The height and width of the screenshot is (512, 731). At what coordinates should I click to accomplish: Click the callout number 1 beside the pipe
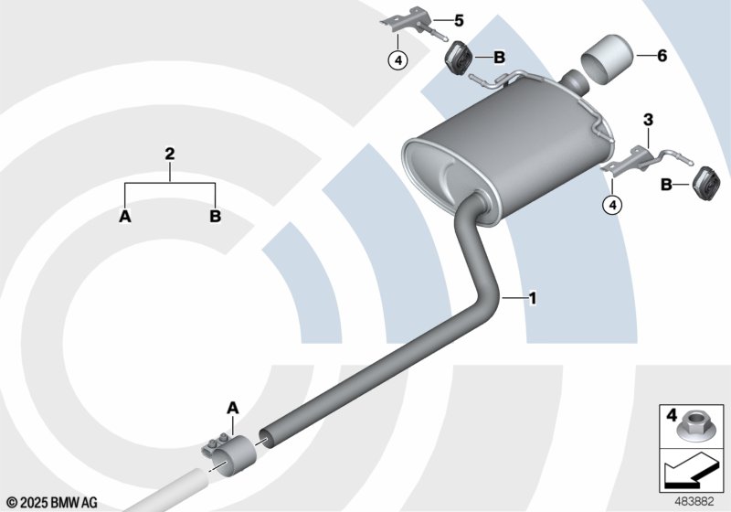point(532,297)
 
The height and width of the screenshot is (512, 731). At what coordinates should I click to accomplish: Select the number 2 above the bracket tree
point(170,154)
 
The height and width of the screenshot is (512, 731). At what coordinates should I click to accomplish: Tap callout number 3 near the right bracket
point(648,120)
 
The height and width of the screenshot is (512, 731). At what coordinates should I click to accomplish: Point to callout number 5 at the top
point(459,20)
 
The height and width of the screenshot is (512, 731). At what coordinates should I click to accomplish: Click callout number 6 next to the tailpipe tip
point(662,56)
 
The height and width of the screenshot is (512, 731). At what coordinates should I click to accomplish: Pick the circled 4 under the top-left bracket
point(397,59)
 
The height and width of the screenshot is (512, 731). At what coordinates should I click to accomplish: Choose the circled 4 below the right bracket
point(612,204)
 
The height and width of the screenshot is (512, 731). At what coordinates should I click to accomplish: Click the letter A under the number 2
point(125,217)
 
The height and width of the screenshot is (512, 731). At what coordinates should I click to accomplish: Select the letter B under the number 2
point(215,217)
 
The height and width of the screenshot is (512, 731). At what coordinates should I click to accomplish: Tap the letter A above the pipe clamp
point(233,409)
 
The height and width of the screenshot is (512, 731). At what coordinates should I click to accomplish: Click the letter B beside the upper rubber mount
point(499,58)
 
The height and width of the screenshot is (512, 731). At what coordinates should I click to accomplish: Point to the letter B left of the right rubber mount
point(667,185)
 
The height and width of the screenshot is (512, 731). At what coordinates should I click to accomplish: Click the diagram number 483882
point(694,501)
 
